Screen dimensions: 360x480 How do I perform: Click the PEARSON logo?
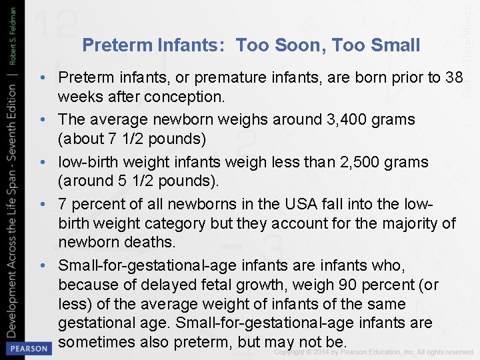pos(27,348)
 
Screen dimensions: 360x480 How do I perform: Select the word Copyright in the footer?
pos(293,351)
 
